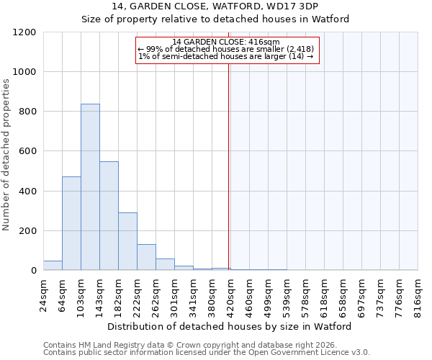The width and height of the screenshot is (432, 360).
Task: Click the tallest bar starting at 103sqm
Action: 90,187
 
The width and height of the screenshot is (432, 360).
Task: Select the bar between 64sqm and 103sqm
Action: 71,223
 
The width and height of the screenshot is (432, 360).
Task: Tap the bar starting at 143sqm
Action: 109,216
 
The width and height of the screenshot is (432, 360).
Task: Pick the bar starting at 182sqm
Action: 127,241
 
